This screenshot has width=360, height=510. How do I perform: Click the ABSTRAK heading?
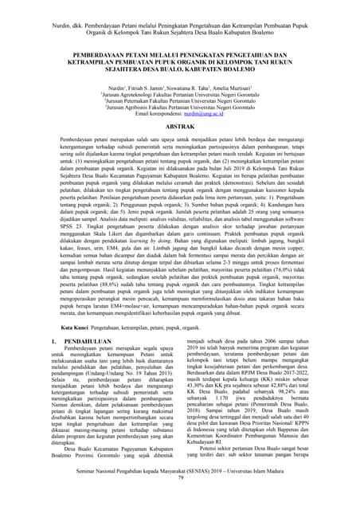coord(179,127)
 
